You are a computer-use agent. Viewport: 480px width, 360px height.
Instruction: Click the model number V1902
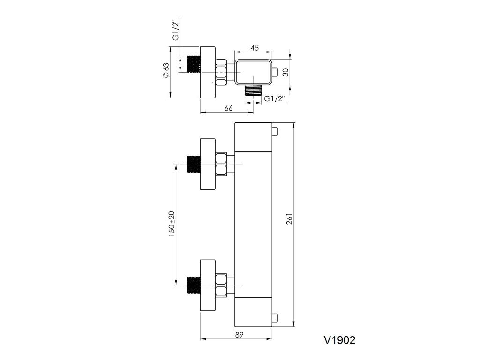339,340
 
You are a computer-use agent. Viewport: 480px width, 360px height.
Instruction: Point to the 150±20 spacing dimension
172,223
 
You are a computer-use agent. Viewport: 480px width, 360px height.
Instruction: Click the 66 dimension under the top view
229,108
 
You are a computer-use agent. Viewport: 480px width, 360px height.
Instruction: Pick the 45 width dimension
255,47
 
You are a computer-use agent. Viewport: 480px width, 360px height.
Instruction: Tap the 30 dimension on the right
286,73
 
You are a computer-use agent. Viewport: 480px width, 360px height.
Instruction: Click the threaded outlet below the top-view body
254,90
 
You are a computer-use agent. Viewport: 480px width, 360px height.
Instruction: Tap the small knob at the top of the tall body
275,130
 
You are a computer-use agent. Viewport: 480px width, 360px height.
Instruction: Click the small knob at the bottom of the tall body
275,319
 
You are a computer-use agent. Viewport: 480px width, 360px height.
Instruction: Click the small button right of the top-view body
275,72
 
